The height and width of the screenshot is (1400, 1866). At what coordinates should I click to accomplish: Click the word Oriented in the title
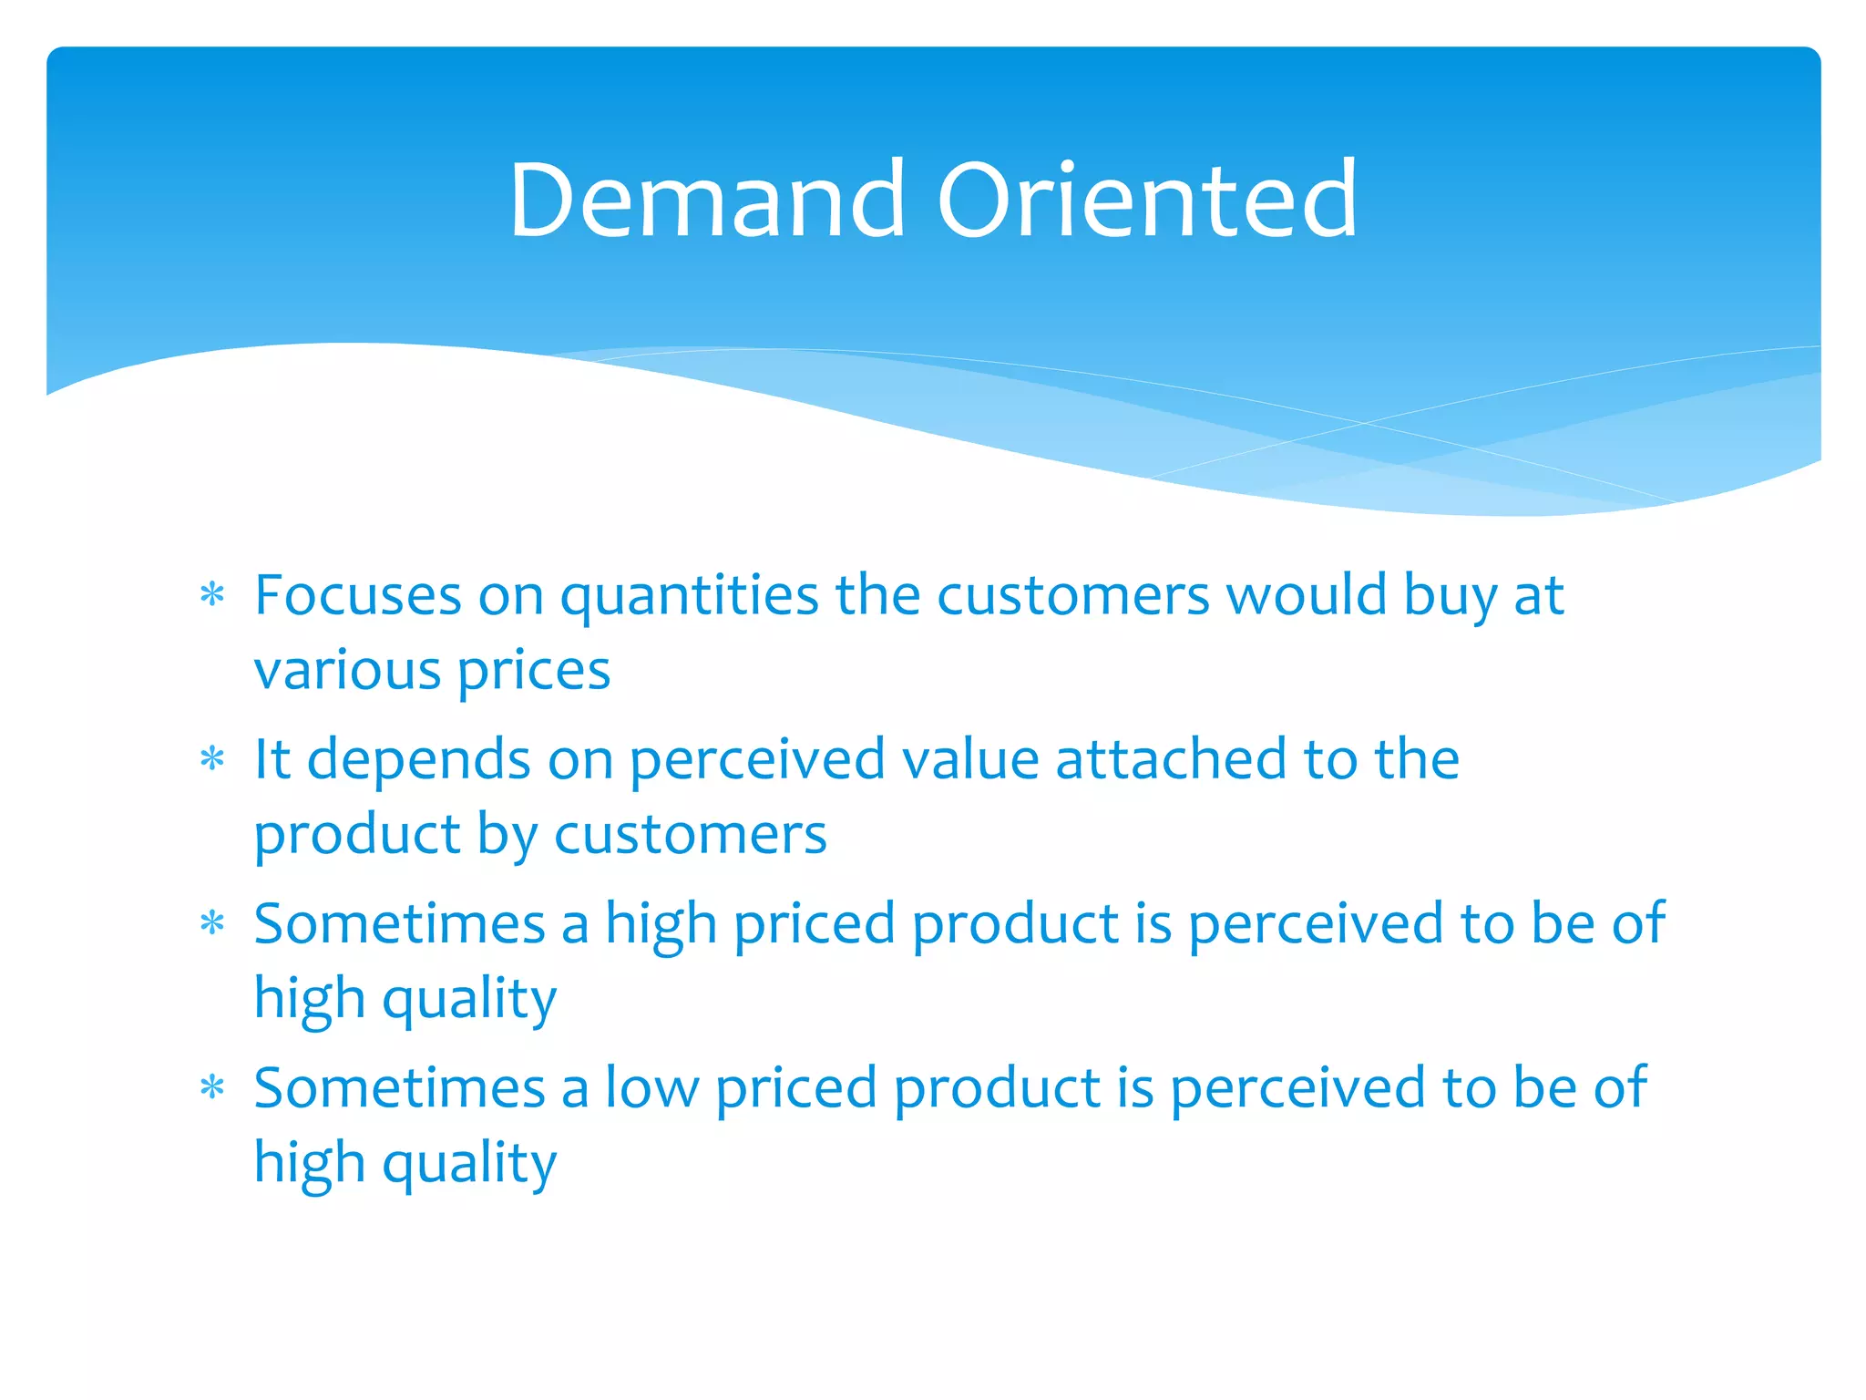pos(1147,200)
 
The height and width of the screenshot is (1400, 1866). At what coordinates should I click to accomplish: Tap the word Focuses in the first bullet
pos(357,595)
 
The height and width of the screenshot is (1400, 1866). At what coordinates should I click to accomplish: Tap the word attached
pos(1170,759)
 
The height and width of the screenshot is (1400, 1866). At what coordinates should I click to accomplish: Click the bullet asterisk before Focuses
pos(212,596)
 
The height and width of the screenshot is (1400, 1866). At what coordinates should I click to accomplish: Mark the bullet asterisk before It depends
pos(212,759)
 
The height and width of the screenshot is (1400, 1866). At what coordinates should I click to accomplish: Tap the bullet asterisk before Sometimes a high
pos(212,924)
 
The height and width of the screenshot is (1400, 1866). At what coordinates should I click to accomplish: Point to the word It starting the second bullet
pos(272,759)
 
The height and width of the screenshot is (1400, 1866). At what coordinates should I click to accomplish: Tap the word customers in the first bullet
pos(1072,597)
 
